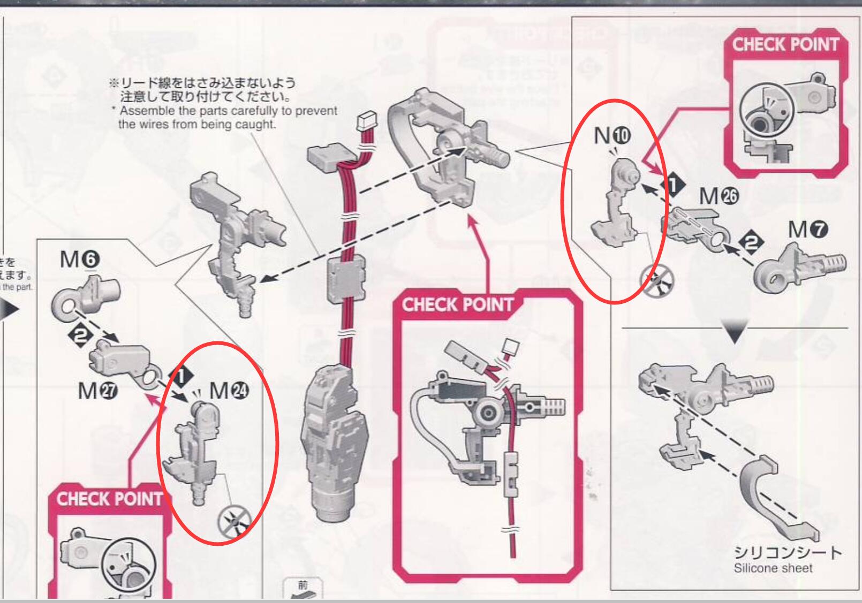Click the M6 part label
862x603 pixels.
click(79, 260)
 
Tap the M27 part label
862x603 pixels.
click(96, 391)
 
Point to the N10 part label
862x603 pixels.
click(612, 136)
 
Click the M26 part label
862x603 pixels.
click(718, 197)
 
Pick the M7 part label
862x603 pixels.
click(807, 230)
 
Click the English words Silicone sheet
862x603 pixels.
click(773, 568)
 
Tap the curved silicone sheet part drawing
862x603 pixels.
click(771, 492)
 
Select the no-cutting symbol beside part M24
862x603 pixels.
click(235, 521)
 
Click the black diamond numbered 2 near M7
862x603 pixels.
click(752, 244)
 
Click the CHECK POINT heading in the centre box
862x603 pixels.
click(458, 305)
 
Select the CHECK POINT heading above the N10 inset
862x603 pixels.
click(785, 44)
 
